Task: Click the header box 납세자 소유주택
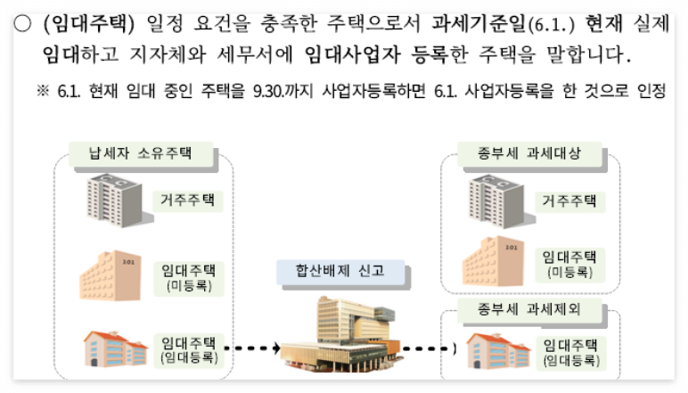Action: (140, 154)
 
